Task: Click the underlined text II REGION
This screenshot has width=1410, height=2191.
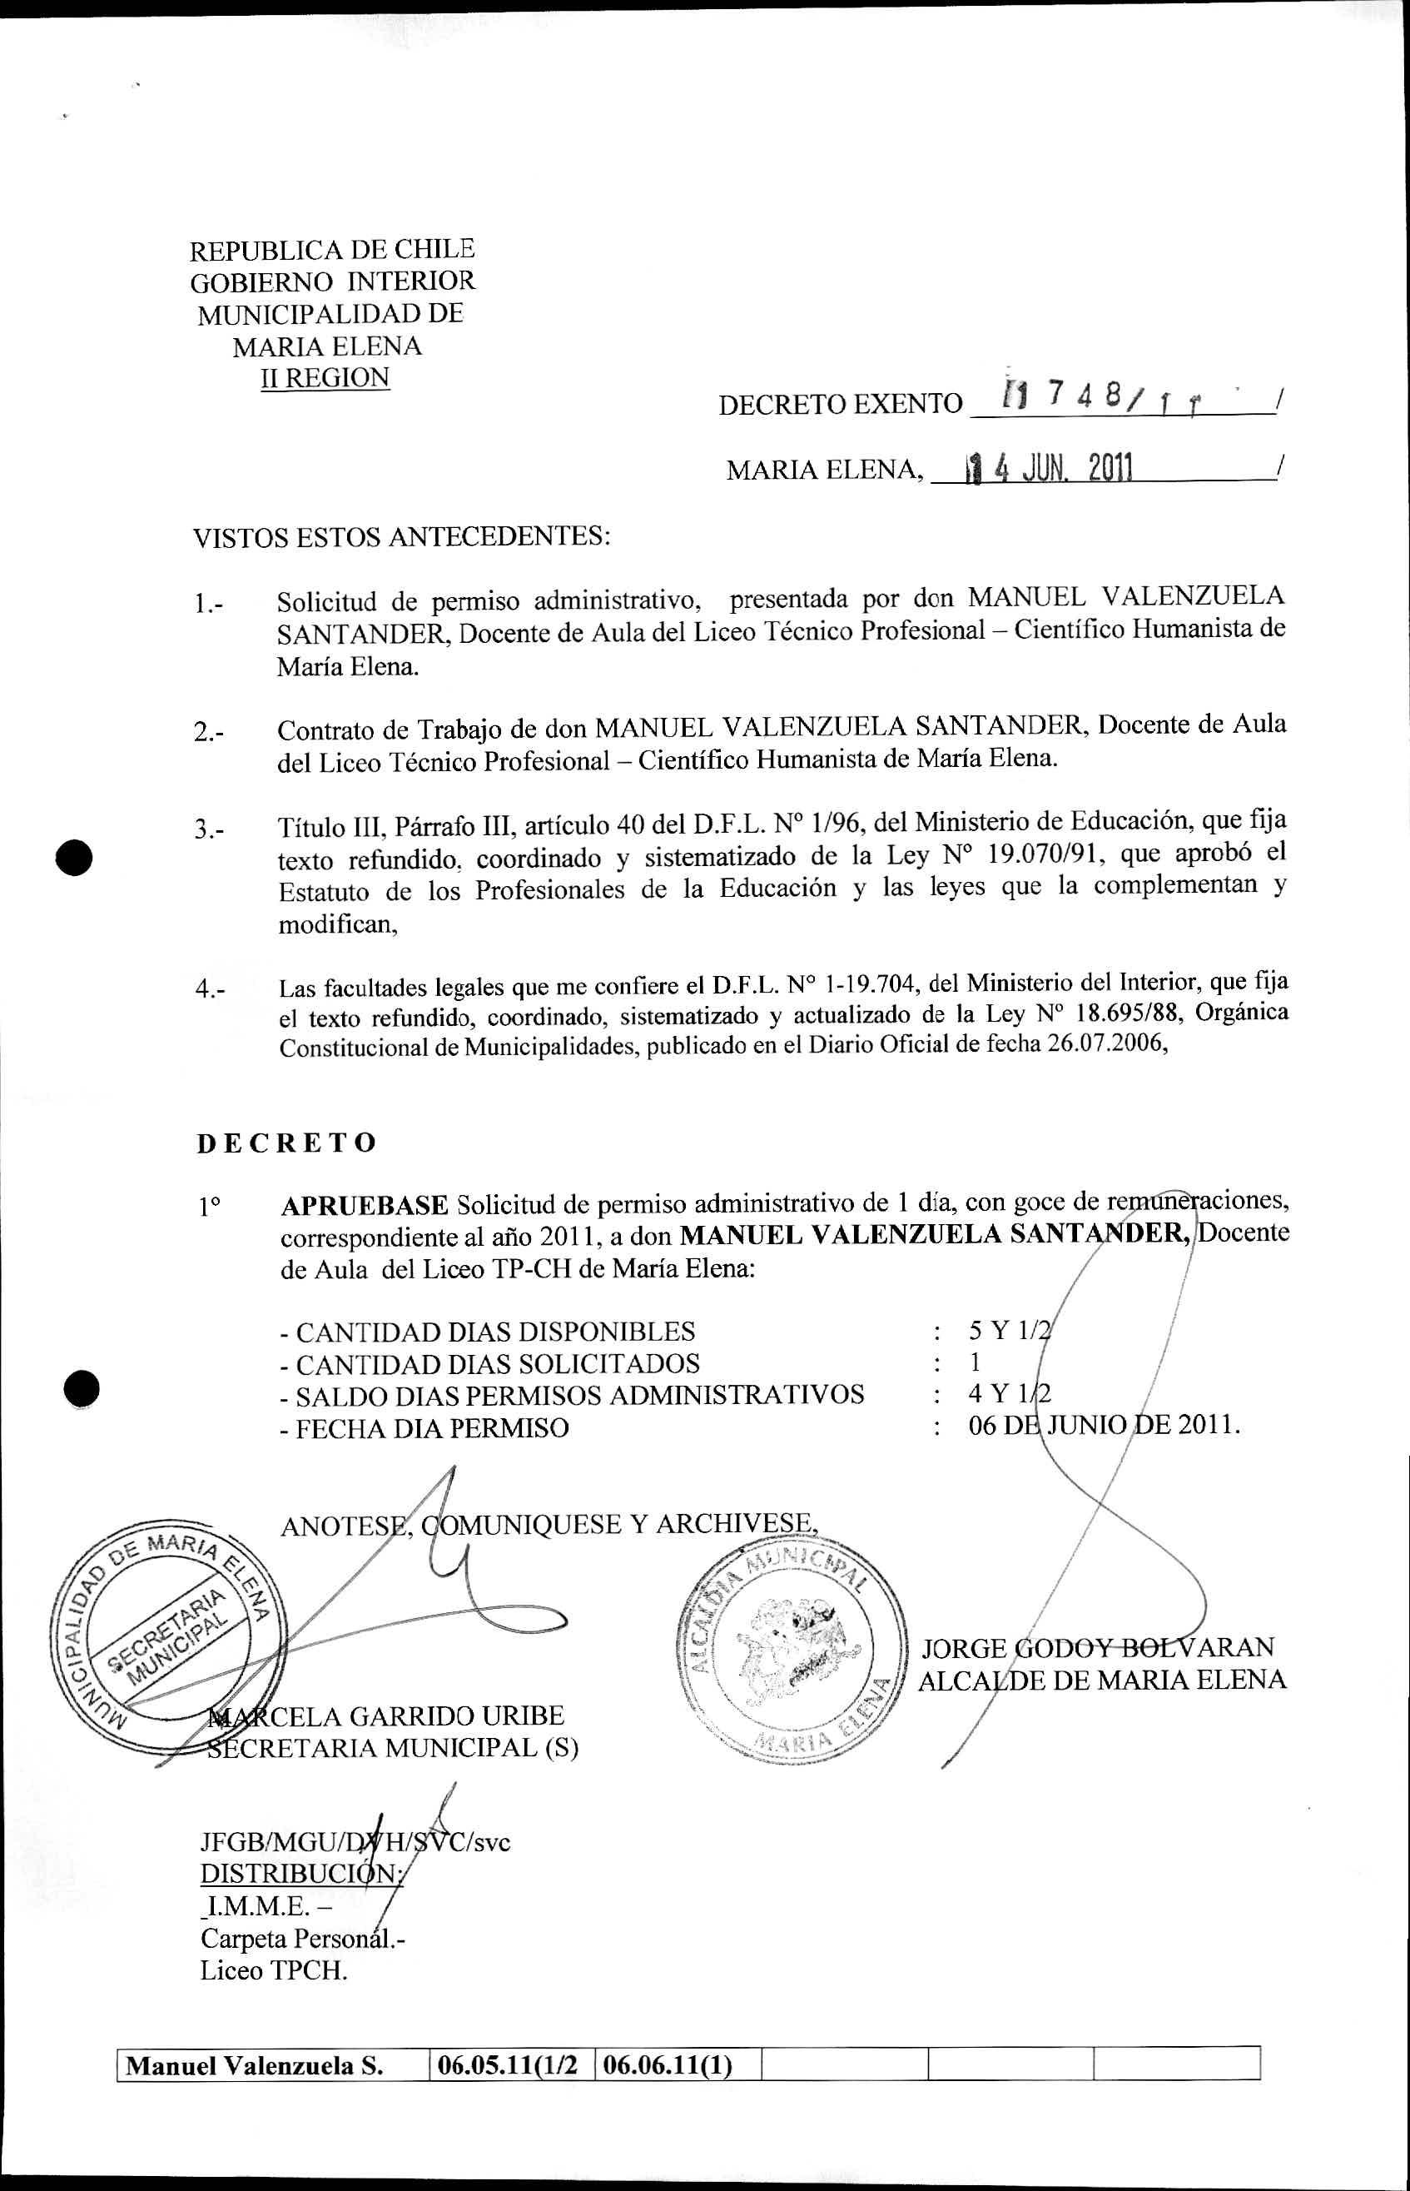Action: pos(325,377)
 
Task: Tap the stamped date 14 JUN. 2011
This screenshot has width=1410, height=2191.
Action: pos(1050,469)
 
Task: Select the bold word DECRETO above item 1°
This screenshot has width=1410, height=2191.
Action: pos(286,1143)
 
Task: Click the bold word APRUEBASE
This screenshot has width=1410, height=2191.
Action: pos(365,1203)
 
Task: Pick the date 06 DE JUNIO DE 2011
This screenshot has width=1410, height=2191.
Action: pos(1105,1427)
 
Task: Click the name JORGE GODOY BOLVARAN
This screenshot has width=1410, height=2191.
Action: pos(1097,1647)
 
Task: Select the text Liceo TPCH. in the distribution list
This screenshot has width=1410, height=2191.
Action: pos(274,1969)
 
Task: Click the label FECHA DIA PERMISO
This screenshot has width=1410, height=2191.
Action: pos(424,1428)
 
